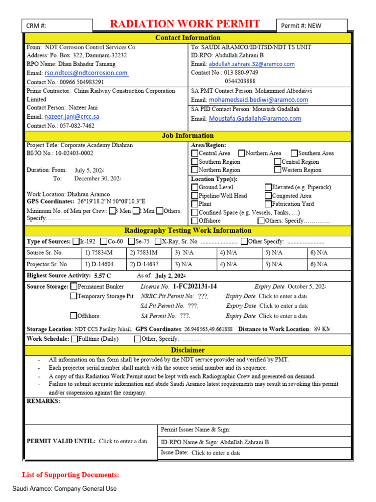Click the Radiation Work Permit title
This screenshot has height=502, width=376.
click(x=185, y=25)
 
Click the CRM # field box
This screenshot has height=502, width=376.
click(x=57, y=25)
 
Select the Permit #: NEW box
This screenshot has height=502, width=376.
click(x=312, y=25)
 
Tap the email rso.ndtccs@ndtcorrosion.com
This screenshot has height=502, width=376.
click(x=86, y=73)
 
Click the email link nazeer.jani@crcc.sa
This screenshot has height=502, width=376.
click(x=72, y=117)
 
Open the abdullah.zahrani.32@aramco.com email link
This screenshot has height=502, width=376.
click(x=252, y=64)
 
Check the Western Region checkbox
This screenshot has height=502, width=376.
click(x=278, y=170)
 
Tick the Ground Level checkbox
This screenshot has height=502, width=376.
click(x=195, y=187)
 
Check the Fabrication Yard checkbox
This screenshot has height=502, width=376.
click(x=268, y=204)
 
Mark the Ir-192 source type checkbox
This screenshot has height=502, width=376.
click(x=76, y=241)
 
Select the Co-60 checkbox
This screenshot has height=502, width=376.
click(x=104, y=241)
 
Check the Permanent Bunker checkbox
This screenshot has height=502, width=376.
click(x=73, y=286)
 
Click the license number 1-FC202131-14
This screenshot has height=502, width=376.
click(x=195, y=286)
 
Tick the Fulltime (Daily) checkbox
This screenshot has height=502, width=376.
click(x=74, y=339)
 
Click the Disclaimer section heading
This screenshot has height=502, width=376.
click(x=188, y=351)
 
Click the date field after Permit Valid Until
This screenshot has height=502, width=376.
click(x=122, y=441)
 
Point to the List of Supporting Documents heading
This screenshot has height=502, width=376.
click(x=70, y=475)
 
